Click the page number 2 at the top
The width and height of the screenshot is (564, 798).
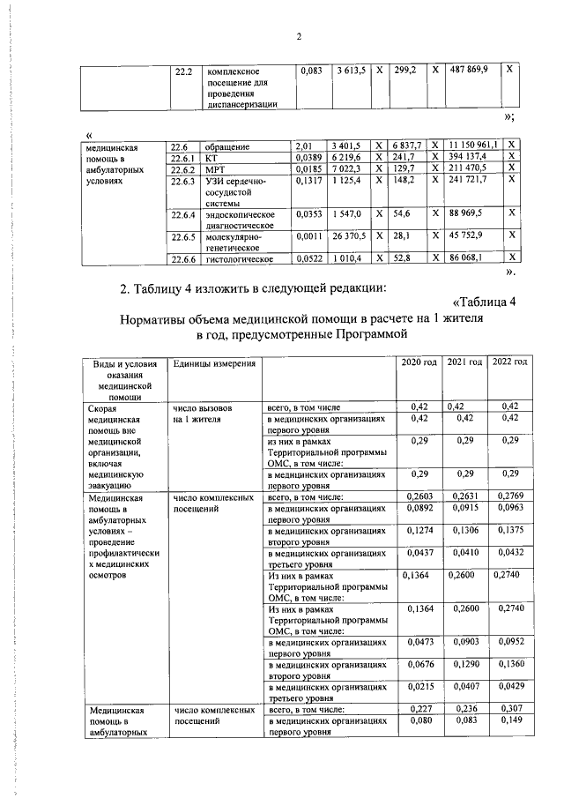pos(299,36)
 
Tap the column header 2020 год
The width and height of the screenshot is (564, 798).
pos(419,363)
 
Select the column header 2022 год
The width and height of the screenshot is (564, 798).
pos(509,363)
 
